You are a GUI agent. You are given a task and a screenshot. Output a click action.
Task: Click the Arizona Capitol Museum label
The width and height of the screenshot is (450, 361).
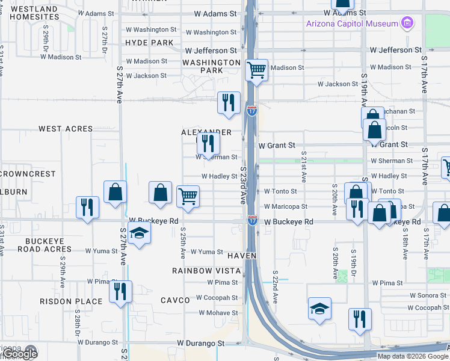click(352, 23)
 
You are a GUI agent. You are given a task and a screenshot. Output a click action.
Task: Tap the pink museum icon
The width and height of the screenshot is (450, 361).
click(408, 23)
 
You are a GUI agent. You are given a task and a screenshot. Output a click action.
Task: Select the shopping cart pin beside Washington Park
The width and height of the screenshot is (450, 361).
click(257, 71)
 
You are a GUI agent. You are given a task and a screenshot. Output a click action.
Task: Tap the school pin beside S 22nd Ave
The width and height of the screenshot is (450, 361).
click(319, 309)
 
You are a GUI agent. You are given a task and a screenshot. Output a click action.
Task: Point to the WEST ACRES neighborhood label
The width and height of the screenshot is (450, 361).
click(66, 129)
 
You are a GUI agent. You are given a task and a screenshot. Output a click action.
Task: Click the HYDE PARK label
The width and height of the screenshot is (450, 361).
click(149, 43)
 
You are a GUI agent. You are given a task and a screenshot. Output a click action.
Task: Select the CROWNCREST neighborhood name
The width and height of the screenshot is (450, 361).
click(28, 174)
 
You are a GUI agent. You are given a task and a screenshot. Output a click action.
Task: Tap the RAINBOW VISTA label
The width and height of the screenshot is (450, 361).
click(207, 271)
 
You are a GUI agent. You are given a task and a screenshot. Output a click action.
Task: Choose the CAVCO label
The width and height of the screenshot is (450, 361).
click(176, 300)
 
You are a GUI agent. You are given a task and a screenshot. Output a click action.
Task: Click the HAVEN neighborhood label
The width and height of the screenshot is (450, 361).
click(242, 256)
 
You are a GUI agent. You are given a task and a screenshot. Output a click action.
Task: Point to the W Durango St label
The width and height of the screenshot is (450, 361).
click(200, 344)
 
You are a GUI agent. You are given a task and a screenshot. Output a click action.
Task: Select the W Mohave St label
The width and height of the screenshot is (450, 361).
click(218, 313)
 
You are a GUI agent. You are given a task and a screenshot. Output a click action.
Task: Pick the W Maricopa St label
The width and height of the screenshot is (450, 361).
click(286, 206)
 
